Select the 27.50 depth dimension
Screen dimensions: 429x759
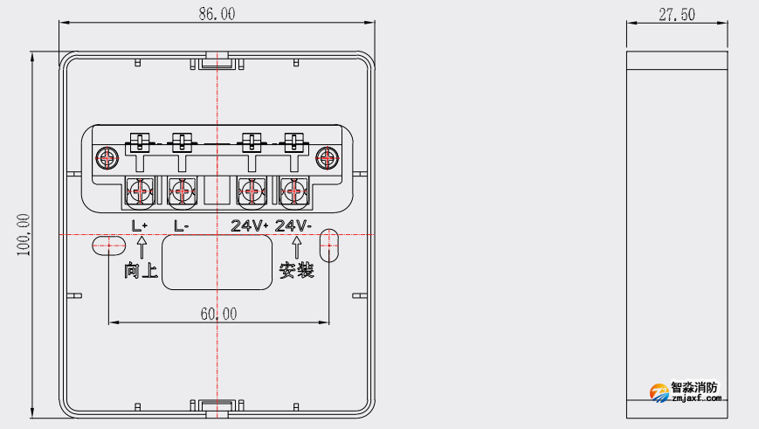pos(677,14)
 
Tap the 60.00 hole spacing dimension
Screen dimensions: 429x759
pos(217,314)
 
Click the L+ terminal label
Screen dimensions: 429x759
pos(140,225)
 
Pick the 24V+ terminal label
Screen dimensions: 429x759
pos(250,225)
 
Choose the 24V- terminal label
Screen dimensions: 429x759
pos(293,225)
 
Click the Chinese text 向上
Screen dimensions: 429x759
pos(141,272)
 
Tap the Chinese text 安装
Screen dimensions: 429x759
pos(296,272)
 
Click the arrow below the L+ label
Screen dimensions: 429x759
pos(141,247)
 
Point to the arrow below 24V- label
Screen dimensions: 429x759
pos(297,247)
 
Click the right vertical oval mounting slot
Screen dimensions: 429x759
pos(328,246)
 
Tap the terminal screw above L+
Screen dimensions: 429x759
pos(141,190)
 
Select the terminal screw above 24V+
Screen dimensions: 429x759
pos(252,190)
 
